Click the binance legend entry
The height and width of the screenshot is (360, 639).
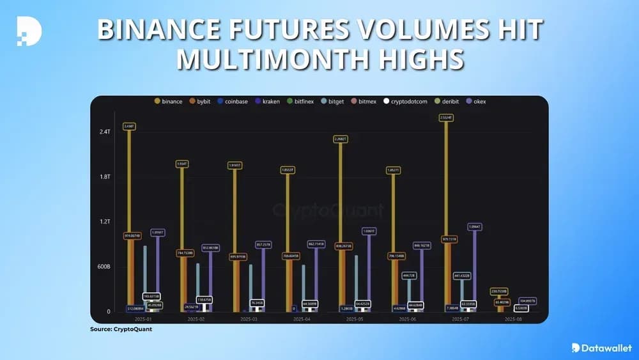(169, 102)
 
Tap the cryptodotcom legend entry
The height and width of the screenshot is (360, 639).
(407, 102)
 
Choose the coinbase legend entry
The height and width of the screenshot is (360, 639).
(236, 102)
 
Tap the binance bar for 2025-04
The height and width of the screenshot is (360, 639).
(288, 243)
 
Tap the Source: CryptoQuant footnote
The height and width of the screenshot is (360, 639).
(121, 329)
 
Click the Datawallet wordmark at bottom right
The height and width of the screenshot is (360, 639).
(602, 347)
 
